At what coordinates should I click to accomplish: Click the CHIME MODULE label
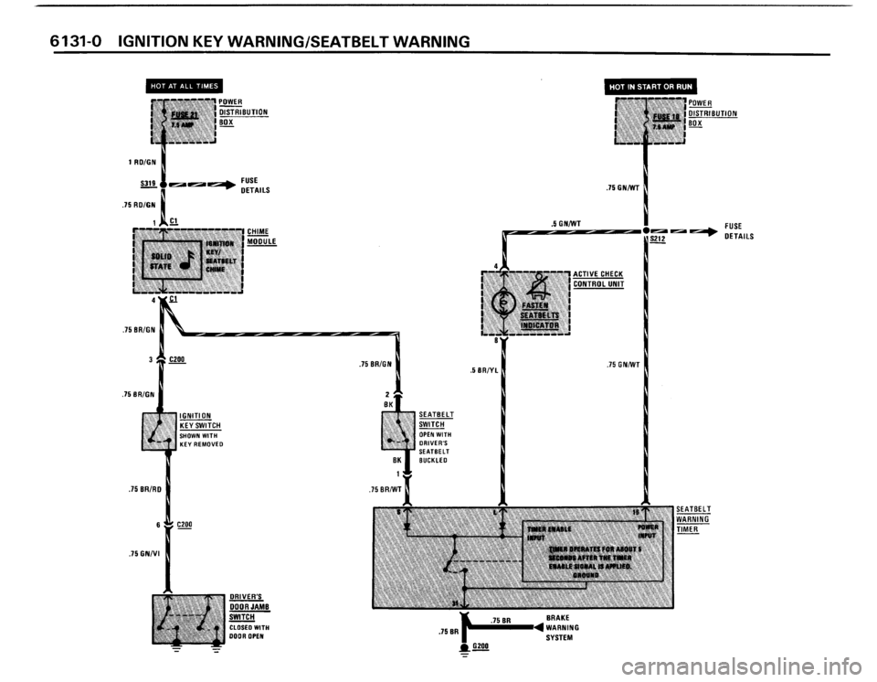[261, 236]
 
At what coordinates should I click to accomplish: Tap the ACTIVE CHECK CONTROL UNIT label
[597, 278]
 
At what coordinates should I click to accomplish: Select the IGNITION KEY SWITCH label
[204, 420]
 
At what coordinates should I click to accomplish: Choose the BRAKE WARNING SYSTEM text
[567, 629]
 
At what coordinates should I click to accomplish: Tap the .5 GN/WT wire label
[566, 220]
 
